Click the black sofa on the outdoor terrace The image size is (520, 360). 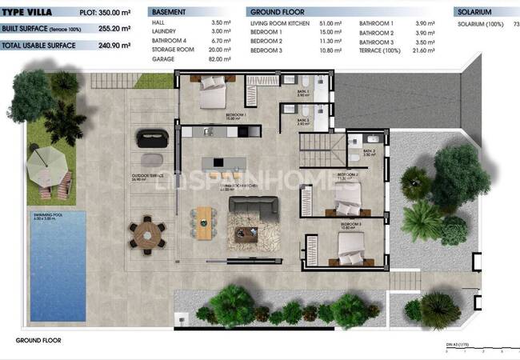pos(150,138)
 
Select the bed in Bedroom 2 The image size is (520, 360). pos(351,194)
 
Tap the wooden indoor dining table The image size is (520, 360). pos(205,222)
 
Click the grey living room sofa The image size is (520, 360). pos(254,206)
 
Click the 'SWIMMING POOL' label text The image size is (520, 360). pos(49,216)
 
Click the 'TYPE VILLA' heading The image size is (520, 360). pos(27,13)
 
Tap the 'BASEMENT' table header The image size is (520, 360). pos(170,13)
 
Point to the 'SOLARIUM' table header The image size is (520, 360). pos(477,13)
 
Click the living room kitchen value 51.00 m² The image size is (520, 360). pos(331,24)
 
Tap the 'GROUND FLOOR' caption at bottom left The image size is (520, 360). pos(38,340)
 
